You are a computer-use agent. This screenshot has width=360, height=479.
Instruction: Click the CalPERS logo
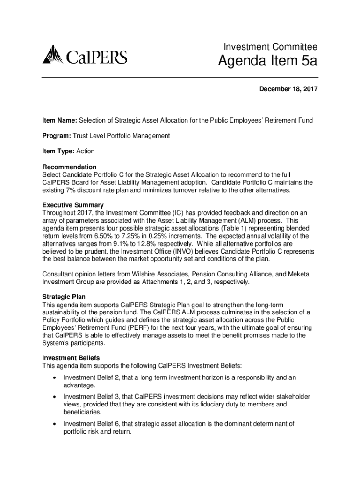coord(85,56)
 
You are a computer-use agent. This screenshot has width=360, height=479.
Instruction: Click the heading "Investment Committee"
coord(271,47)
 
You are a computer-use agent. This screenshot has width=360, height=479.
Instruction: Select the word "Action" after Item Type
coord(86,152)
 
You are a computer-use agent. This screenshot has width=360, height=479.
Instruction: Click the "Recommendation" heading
coord(69,167)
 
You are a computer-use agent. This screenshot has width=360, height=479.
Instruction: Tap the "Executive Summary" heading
coord(73,205)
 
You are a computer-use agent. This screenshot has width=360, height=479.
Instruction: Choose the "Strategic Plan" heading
coord(64,297)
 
